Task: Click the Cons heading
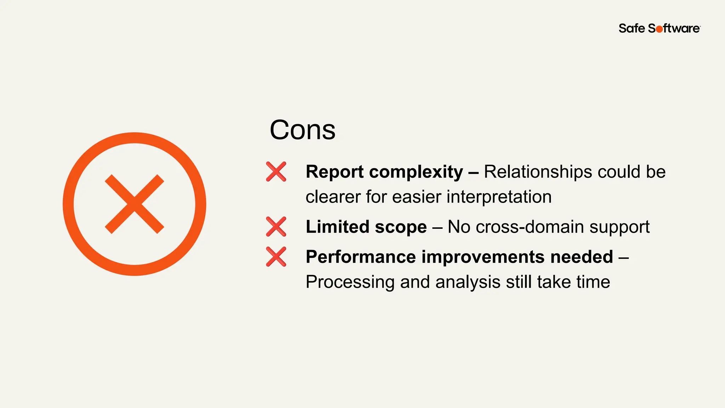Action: click(x=302, y=130)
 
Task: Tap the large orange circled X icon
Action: click(x=135, y=204)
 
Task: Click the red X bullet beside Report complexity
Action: click(x=276, y=172)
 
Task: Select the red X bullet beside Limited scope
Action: click(x=276, y=227)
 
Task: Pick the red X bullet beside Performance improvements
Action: click(x=276, y=257)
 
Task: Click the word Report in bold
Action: click(x=335, y=172)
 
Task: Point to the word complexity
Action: click(x=416, y=172)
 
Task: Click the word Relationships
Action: click(x=538, y=172)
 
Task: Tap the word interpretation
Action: click(x=499, y=197)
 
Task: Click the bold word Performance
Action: click(x=361, y=257)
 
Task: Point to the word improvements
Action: click(x=483, y=257)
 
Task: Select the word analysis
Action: click(x=468, y=283)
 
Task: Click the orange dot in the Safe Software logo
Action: click(x=659, y=29)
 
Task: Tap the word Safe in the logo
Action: click(x=632, y=28)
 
